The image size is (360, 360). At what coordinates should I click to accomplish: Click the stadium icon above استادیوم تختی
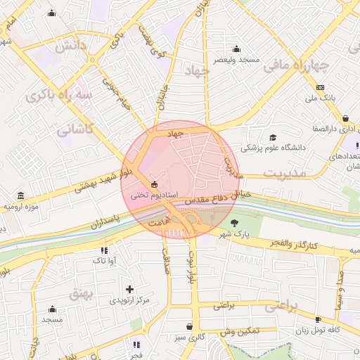tap(155, 184)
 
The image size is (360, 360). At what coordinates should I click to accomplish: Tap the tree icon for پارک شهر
tap(224, 223)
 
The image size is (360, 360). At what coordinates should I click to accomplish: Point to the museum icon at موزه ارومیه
tap(20, 195)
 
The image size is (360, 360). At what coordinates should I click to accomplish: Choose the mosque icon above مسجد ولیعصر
tap(236, 49)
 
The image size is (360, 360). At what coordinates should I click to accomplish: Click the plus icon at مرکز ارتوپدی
tap(129, 289)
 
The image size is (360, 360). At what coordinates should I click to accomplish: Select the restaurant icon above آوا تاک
tap(104, 250)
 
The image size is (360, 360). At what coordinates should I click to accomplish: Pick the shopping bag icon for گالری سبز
tap(189, 326)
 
